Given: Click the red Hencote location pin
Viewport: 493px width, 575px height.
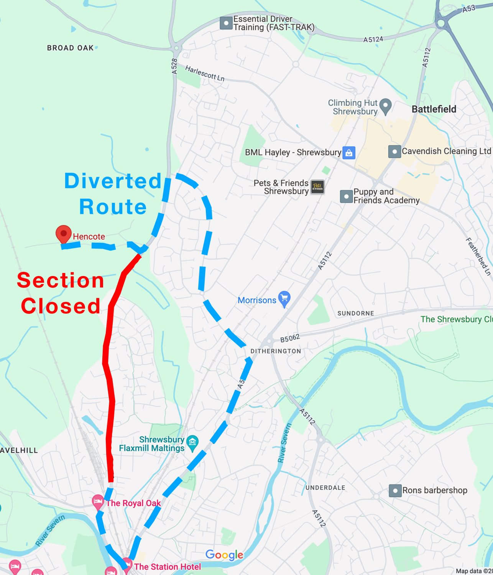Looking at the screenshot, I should click(64, 233).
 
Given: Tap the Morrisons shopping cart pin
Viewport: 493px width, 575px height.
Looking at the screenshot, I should click(284, 299).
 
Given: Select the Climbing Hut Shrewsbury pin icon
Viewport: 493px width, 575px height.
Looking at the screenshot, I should click(386, 106).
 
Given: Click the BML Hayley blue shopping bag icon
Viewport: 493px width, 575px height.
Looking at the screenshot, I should click(349, 153).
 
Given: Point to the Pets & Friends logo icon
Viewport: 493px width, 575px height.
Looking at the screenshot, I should click(317, 187).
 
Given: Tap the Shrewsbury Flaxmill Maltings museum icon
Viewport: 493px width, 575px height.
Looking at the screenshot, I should click(192, 443).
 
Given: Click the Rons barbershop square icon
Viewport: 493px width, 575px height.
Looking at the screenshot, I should click(395, 490).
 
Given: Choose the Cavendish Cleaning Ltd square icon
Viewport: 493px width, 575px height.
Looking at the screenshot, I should click(394, 151).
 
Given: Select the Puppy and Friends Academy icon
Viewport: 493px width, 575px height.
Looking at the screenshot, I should click(347, 196).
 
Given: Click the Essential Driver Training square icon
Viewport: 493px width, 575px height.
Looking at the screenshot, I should click(226, 23).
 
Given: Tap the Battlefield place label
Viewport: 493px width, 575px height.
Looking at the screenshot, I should click(434, 109).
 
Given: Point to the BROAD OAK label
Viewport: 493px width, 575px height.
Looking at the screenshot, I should click(71, 48).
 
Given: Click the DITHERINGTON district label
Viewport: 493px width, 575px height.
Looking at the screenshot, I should click(276, 351).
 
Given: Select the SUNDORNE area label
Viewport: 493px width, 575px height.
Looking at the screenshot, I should click(356, 313).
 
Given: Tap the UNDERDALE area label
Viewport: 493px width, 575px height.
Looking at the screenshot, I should click(325, 488).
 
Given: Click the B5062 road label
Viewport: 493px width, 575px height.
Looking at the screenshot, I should click(290, 338).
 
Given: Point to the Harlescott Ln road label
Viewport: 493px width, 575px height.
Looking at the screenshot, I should click(205, 73).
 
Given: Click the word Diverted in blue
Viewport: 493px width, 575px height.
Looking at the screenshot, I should click(113, 181).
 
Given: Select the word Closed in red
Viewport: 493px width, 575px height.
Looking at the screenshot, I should click(61, 306).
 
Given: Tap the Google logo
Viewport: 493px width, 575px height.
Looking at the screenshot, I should click(224, 555).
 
